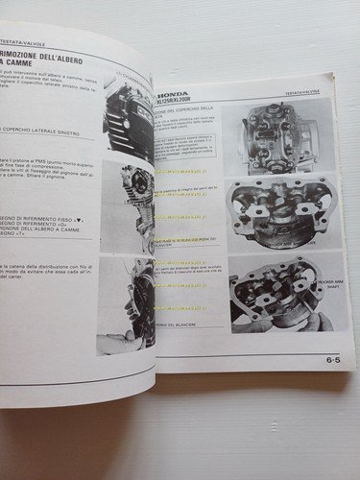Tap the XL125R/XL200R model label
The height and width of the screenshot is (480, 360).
(189, 93)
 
